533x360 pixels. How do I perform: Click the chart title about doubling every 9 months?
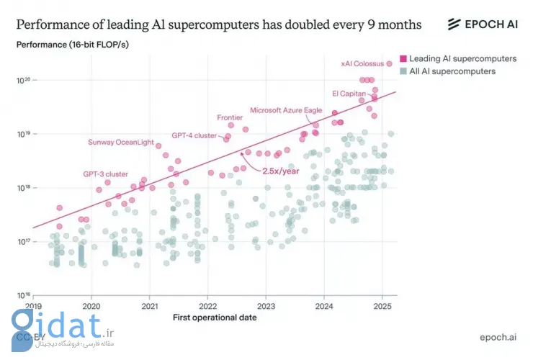[x=219, y=24]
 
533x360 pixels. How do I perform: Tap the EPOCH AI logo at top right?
[x=482, y=24]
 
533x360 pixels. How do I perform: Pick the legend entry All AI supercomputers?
[x=452, y=71]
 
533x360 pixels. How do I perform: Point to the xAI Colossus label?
[x=362, y=64]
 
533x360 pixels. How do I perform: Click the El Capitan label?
[x=349, y=94]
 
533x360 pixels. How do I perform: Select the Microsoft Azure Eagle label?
[x=285, y=110]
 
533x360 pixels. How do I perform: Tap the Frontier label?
[x=229, y=117]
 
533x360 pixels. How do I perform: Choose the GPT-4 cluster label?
[x=194, y=135]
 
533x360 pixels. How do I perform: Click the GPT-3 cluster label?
[x=105, y=174]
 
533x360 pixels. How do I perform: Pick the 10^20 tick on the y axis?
[x=22, y=80]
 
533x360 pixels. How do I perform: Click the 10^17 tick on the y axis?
[x=22, y=242]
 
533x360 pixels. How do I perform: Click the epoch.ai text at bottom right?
[x=498, y=337]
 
